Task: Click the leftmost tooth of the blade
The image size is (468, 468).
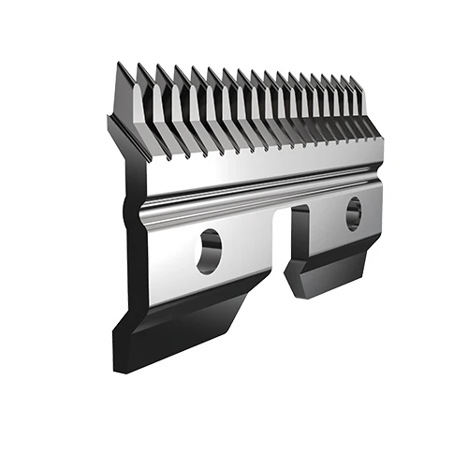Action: point(124,94)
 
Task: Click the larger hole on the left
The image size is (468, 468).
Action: point(209,251)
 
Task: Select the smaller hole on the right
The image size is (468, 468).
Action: point(353,213)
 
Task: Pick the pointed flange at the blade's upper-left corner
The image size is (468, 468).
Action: point(112,126)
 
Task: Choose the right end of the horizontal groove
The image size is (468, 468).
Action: point(374,178)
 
